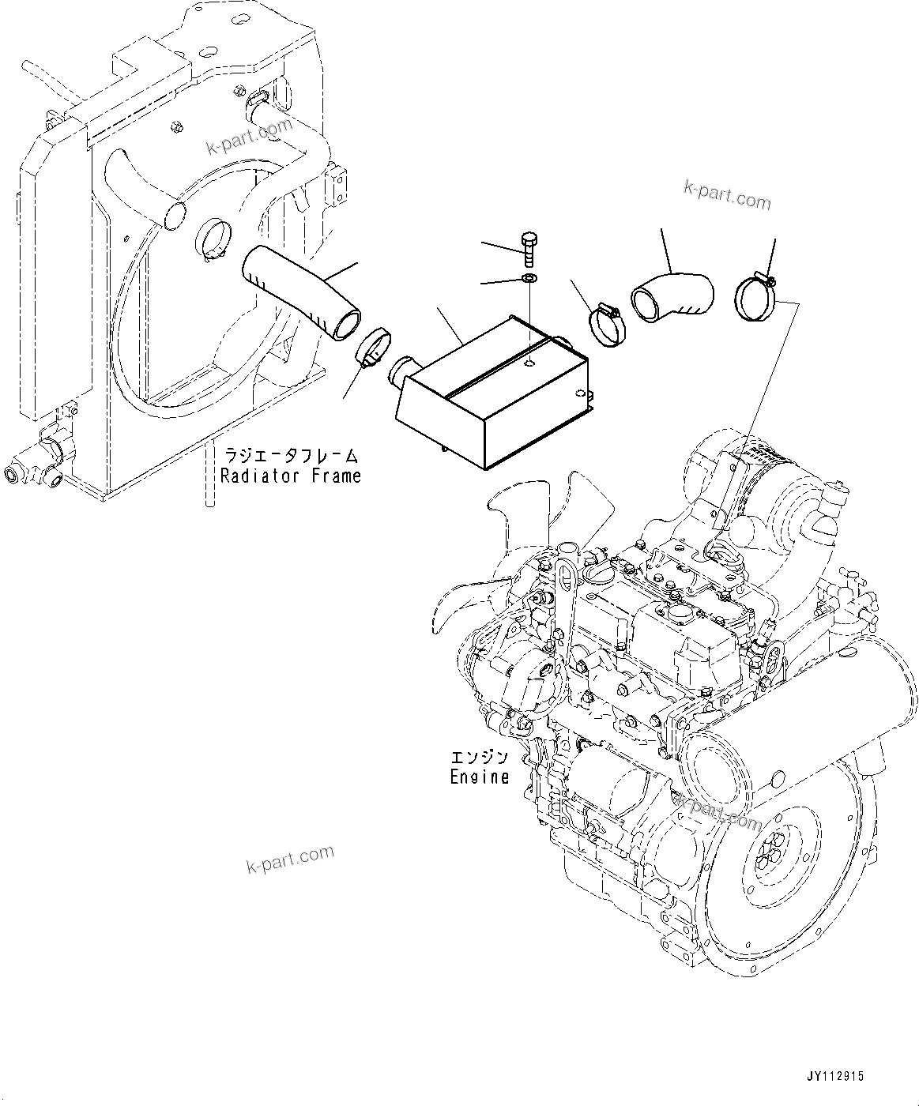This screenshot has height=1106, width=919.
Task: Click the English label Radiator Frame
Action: (290, 476)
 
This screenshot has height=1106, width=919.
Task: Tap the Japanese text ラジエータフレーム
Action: (290, 456)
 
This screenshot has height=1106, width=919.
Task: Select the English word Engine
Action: (480, 777)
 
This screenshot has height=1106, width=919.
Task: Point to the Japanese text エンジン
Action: (480, 757)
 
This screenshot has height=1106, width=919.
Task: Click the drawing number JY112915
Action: (836, 1076)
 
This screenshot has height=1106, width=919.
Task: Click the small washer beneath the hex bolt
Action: (529, 279)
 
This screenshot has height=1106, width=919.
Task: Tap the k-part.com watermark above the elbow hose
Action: (728, 196)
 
